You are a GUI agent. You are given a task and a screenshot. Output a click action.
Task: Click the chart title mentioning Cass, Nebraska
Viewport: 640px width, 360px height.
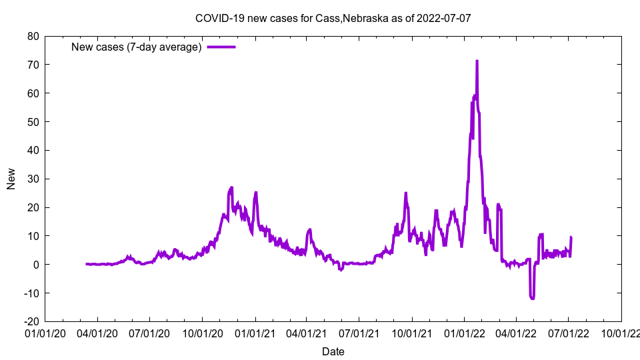pos(333,18)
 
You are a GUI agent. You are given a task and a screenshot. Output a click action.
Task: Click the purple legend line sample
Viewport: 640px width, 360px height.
pos(221,47)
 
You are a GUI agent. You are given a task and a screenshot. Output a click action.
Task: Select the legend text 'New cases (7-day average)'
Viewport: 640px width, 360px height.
pos(136,47)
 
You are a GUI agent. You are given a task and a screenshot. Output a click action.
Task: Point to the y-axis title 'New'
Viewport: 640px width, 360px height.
pos(11,179)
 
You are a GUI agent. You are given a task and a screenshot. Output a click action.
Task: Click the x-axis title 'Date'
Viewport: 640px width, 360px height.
pos(333,351)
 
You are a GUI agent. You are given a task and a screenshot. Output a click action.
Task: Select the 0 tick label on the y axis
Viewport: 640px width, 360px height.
pos(37,265)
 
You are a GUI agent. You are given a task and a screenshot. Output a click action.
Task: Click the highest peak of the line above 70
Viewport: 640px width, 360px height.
pos(477,61)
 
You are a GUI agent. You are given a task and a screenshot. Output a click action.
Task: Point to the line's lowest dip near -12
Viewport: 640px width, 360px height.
pos(533,298)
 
